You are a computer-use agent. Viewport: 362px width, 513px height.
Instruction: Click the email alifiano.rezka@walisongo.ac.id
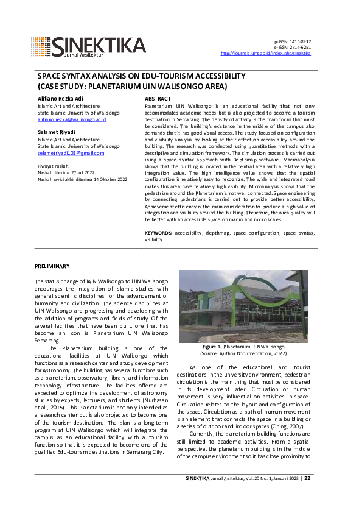click(x=72, y=119)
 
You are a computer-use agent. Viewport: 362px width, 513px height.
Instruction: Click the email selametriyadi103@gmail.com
click(x=71, y=153)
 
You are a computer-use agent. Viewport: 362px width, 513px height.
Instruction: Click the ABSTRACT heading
click(x=158, y=98)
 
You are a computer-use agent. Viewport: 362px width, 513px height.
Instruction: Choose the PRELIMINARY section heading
click(x=52, y=266)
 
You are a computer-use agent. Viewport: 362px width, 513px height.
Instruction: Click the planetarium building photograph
click(x=244, y=306)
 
